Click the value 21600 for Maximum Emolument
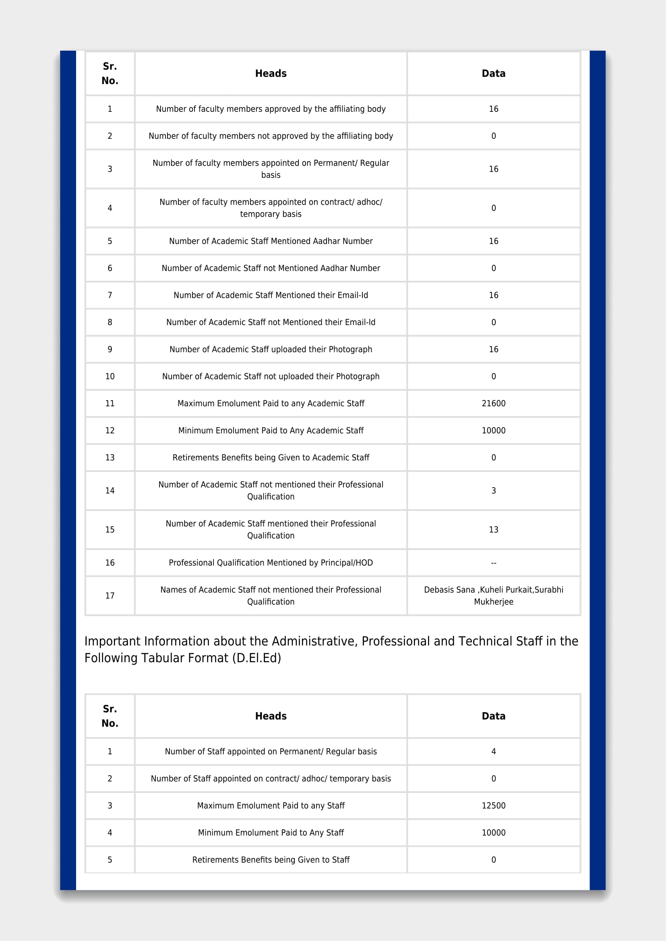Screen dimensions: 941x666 tap(493, 403)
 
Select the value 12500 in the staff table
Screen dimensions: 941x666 tap(493, 805)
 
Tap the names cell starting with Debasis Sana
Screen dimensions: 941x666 tap(493, 595)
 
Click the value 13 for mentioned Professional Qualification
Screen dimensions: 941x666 tap(493, 529)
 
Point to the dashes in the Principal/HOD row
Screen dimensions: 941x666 tap(493, 563)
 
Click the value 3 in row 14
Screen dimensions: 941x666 tap(493, 490)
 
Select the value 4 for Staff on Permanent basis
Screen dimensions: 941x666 tap(493, 751)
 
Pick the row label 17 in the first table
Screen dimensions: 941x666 tap(110, 595)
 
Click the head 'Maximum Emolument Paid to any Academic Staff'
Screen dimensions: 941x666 tap(271, 403)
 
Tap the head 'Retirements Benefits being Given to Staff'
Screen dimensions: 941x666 tap(271, 859)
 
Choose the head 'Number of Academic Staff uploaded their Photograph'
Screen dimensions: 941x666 tap(271, 349)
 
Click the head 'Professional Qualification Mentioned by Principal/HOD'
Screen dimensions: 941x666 tap(271, 563)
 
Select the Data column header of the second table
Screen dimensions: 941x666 tap(493, 716)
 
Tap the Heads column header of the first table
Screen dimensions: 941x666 tap(271, 73)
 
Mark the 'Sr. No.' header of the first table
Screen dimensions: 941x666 tap(110, 73)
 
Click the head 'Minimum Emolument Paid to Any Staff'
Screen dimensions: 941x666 tap(271, 832)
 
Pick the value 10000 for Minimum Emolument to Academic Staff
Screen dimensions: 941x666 tap(493, 430)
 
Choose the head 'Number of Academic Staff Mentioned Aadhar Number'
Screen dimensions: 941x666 tap(271, 241)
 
